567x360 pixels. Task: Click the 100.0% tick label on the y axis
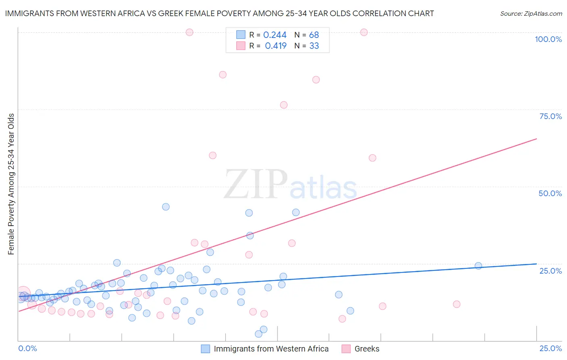(x=548, y=39)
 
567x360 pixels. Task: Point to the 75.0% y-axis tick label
(x=550, y=116)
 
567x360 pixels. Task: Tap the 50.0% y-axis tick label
(x=550, y=193)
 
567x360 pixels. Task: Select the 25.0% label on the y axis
(x=550, y=271)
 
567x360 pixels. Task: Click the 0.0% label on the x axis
(x=27, y=348)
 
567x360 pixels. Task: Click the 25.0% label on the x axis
(x=550, y=348)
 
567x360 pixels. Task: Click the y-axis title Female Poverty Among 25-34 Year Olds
(x=11, y=184)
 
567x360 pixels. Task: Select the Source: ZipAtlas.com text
(x=531, y=13)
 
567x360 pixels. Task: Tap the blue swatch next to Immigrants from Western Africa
(x=205, y=349)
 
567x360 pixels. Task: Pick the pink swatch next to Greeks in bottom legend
(x=346, y=349)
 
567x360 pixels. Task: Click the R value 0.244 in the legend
(x=275, y=35)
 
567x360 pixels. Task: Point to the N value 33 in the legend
(x=314, y=46)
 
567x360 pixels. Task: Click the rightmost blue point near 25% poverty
(x=478, y=266)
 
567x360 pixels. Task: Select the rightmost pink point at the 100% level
(x=364, y=32)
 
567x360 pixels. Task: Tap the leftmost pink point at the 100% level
(x=190, y=32)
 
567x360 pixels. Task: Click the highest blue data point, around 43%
(x=166, y=207)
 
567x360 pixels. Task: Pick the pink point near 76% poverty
(x=283, y=105)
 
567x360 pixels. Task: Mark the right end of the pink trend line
(x=536, y=138)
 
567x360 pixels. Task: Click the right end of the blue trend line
(x=536, y=264)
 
